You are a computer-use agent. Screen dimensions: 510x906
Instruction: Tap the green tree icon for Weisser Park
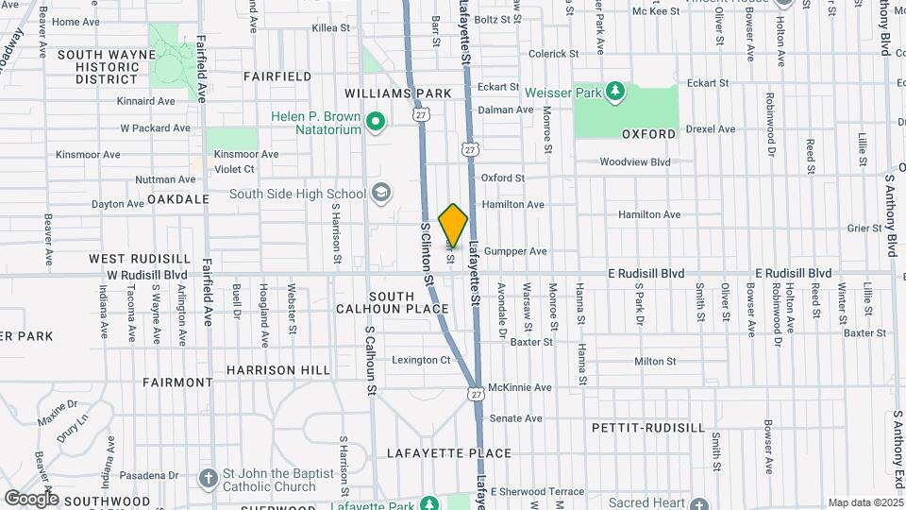click(x=615, y=92)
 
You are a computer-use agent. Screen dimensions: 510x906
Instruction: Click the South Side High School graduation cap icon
click(x=380, y=194)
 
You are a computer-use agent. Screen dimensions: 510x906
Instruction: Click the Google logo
click(x=31, y=498)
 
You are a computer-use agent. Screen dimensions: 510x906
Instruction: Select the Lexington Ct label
click(x=421, y=360)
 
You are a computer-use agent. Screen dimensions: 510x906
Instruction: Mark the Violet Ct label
click(x=234, y=169)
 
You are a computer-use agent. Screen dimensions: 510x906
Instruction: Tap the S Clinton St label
click(x=427, y=255)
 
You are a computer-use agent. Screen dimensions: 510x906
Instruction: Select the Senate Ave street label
click(x=515, y=418)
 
